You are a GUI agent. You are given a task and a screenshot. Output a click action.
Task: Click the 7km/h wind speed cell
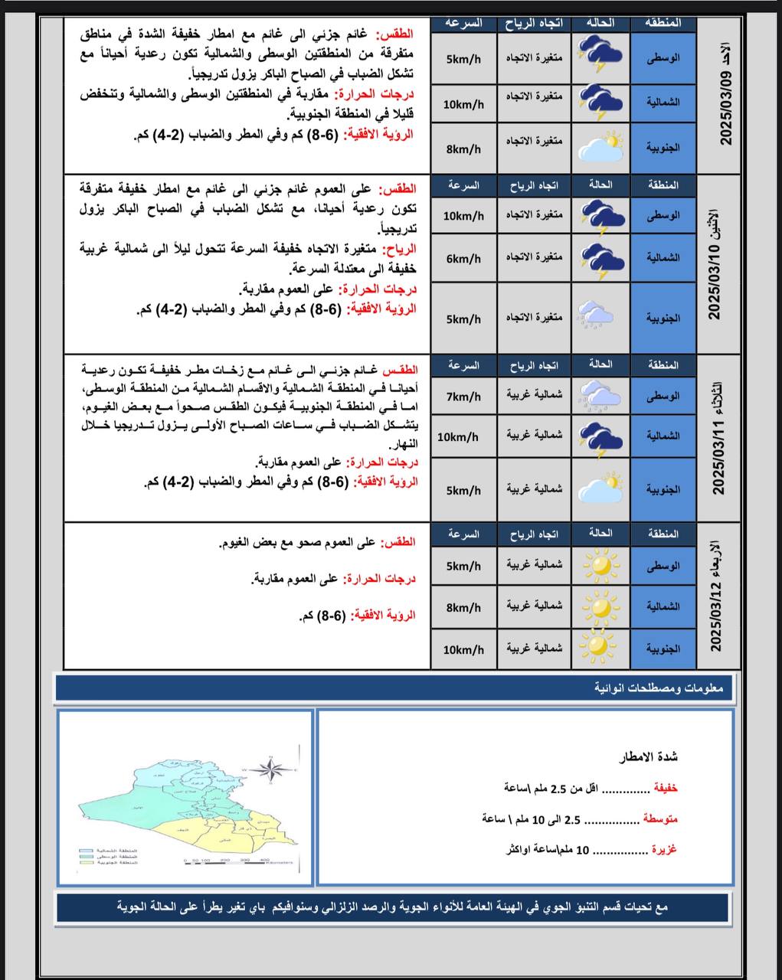tap(463, 397)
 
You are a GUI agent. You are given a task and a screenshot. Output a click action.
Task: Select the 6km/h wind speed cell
tap(463, 259)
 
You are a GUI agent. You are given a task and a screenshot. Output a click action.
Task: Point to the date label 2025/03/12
tap(717, 614)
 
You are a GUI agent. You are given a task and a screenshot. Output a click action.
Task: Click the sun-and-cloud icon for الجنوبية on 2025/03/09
tap(600, 145)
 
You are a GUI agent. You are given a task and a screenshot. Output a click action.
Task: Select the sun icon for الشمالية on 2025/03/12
tap(600, 606)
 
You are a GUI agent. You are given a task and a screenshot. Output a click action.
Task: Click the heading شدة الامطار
tap(648, 757)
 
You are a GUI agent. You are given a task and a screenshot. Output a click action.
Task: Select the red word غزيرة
tap(665, 850)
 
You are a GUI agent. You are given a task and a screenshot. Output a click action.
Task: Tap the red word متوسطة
tap(659, 819)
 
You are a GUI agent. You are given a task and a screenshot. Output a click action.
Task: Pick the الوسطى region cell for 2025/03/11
tap(663, 397)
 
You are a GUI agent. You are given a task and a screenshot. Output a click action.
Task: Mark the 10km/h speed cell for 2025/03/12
tap(463, 649)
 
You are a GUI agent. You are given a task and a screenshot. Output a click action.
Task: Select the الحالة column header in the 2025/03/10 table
tap(600, 185)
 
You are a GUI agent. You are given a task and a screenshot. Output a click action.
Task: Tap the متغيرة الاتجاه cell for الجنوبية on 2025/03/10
tap(534, 317)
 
